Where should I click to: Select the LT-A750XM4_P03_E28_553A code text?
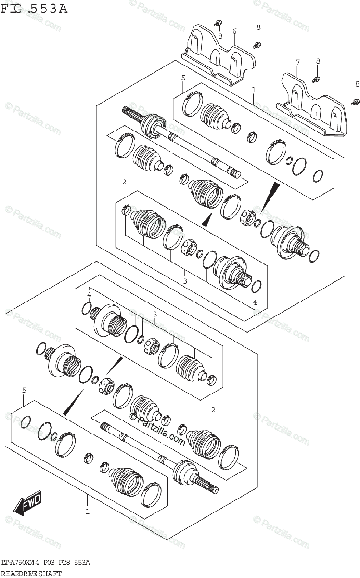(x=46, y=563)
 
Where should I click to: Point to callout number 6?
(x=234, y=31)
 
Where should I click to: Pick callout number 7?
(x=297, y=62)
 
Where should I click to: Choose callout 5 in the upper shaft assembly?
(x=183, y=78)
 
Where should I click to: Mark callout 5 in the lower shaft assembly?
(x=24, y=390)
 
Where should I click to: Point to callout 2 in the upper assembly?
(x=124, y=182)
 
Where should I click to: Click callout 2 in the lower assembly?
(x=213, y=410)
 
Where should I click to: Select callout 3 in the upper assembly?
(x=184, y=280)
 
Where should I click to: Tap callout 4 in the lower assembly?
(x=89, y=295)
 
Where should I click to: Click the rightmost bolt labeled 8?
(x=356, y=101)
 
